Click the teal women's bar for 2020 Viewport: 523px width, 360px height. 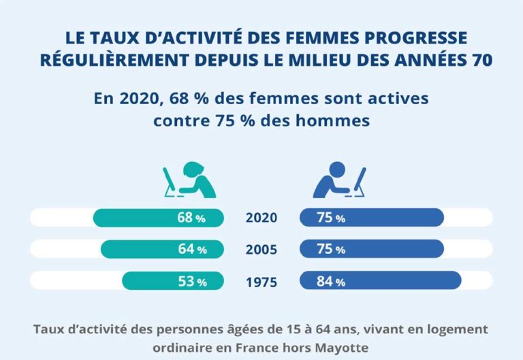[136, 218]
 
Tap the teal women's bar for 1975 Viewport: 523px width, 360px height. [150, 280]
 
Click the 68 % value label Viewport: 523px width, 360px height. [191, 218]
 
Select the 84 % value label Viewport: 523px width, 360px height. [331, 281]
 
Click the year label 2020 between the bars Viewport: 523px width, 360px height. [261, 218]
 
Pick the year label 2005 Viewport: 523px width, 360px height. [261, 250]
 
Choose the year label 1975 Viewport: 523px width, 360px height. [261, 281]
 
